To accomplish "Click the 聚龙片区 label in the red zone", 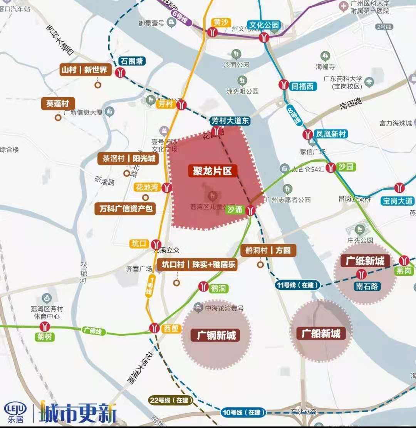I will tap(213, 171).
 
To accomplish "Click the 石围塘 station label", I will tap(131, 61).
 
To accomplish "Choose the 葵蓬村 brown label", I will tap(58, 103).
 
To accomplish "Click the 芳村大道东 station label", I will tap(230, 121).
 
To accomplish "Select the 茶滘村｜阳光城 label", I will tap(129, 159).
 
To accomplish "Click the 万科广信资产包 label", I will tap(126, 209).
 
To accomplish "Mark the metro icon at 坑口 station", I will tap(156, 244).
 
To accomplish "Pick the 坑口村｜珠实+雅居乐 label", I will tap(197, 265).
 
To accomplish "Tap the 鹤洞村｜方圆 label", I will tap(268, 250).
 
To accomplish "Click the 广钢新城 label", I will tap(216, 335).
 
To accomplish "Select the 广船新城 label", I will tap(321, 333).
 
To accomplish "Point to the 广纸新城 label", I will tap(365, 261).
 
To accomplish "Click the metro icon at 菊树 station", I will tap(45, 327).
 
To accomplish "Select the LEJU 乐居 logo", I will tap(15, 412).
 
